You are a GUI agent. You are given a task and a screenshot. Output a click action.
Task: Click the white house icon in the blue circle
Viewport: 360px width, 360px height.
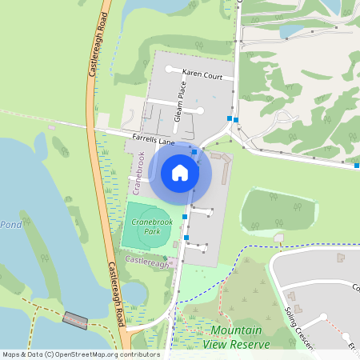click(180, 172)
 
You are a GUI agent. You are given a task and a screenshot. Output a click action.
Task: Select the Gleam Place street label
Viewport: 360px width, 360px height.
click(181, 103)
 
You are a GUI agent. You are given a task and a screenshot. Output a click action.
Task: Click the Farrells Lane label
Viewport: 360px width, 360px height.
click(154, 141)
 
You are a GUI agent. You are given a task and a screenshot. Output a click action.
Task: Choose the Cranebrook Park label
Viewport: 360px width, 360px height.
click(146, 226)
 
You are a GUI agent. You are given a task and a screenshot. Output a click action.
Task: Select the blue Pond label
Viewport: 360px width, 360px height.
click(10, 225)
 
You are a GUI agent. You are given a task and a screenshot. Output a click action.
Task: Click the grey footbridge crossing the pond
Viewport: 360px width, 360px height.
click(75, 321)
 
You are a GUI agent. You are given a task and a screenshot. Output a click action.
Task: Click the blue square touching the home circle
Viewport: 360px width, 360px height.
click(194, 151)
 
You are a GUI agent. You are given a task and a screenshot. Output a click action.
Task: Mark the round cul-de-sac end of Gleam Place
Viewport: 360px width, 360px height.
click(200, 110)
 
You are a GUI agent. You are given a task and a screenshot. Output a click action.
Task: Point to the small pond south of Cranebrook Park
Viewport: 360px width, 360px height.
click(136, 293)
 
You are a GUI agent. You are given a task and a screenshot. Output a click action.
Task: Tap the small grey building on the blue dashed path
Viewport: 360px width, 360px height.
click(278, 238)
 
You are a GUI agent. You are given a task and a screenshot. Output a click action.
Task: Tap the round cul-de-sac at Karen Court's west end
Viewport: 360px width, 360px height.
click(169, 70)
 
